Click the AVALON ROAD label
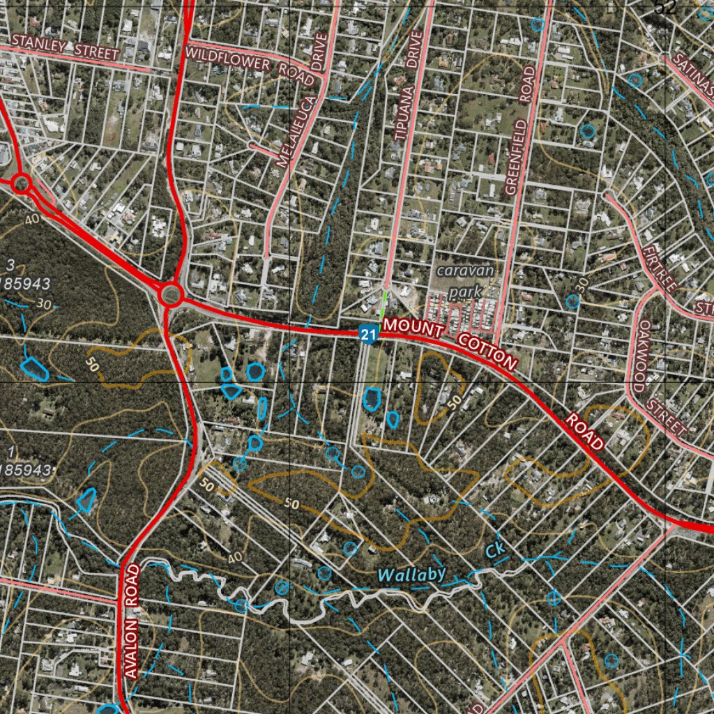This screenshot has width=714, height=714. click(x=133, y=621)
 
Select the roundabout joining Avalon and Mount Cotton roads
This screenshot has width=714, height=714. click(x=170, y=295)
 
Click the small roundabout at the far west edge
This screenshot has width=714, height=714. click(x=21, y=184)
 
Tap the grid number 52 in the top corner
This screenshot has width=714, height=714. click(x=666, y=7)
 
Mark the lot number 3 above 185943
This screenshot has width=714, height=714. click(x=10, y=264)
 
